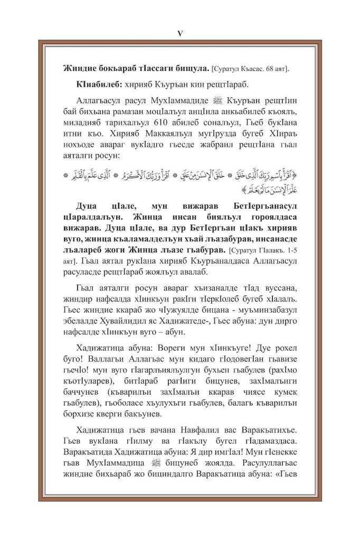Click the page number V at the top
pos(179,33)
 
